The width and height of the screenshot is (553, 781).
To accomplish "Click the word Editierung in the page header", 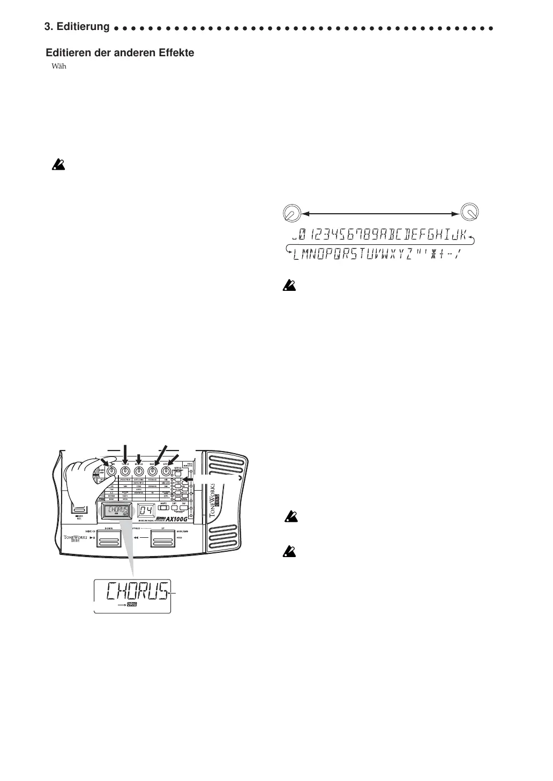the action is (x=84, y=26).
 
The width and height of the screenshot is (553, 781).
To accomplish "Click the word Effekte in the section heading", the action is (x=176, y=52).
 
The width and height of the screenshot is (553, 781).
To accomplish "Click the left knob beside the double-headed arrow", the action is (x=291, y=214).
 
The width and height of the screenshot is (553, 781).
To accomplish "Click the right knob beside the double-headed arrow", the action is (x=470, y=213).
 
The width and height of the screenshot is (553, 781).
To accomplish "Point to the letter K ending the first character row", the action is (x=460, y=235).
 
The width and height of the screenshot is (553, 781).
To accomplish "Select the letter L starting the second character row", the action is (x=296, y=255).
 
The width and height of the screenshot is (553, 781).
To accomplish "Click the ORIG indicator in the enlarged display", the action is (x=132, y=604).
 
